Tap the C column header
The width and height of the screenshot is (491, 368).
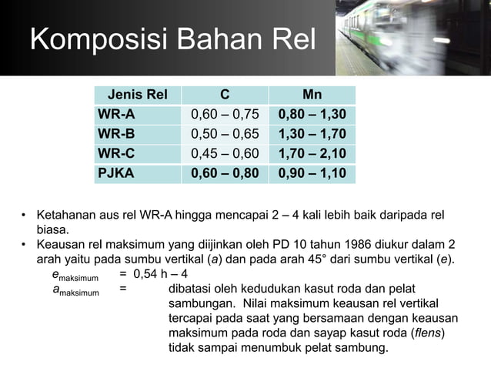tap(225, 95)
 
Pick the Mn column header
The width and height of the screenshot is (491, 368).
tap(312, 95)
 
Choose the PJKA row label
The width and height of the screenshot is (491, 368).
tap(115, 173)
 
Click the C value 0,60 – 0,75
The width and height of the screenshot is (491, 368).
tap(225, 115)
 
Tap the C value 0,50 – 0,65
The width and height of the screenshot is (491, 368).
tap(225, 135)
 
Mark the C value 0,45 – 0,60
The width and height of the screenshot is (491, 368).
tap(225, 154)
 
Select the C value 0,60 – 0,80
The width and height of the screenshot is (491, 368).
tap(225, 173)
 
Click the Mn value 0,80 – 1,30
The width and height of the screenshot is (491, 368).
tap(312, 115)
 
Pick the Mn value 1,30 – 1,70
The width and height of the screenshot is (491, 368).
tap(312, 135)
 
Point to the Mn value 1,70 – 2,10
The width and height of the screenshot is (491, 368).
tap(312, 154)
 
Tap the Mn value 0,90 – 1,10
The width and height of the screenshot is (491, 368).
tap(312, 173)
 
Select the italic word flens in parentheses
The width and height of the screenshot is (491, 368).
tap(426, 333)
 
